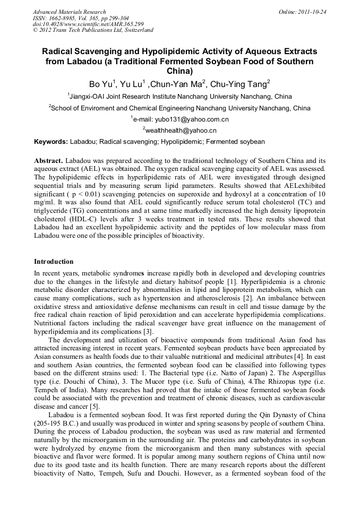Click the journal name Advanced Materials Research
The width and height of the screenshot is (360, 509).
(69, 12)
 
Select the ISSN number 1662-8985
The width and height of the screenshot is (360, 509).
(63, 18)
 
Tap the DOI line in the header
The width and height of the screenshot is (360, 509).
(88, 24)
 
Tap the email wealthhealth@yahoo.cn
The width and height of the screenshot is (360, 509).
(181, 131)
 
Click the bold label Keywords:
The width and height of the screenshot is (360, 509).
(51, 142)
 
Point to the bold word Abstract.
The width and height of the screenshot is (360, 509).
(48, 160)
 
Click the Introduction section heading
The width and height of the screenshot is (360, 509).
(54, 262)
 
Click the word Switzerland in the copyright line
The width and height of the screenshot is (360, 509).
(137, 30)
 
